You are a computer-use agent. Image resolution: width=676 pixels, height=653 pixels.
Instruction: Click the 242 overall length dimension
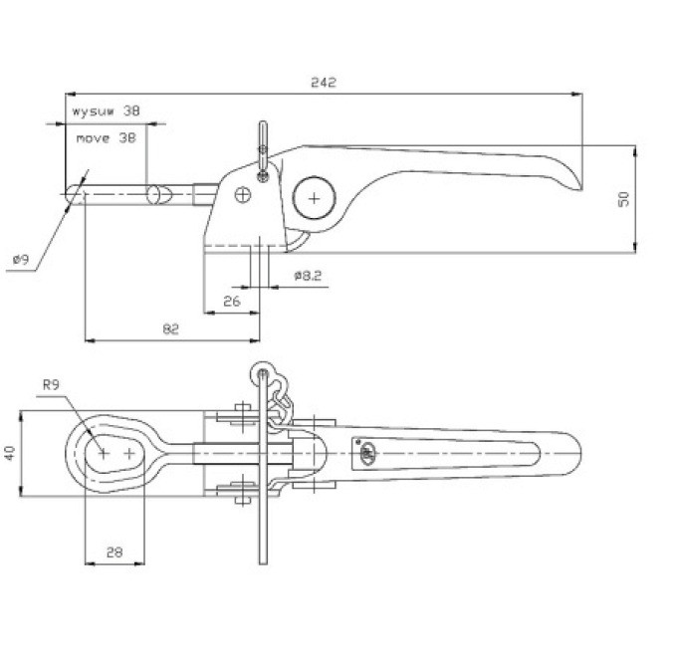pyautogui.click(x=323, y=83)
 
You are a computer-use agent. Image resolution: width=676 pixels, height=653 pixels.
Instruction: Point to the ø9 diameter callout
pyautogui.click(x=22, y=259)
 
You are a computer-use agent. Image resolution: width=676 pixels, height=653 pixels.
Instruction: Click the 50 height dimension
pyautogui.click(x=624, y=198)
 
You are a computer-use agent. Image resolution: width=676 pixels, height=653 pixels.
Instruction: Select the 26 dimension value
pyautogui.click(x=232, y=300)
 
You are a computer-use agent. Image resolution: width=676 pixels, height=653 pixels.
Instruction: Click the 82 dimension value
pyautogui.click(x=170, y=329)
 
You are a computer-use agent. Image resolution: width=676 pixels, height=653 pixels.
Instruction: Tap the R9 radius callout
pyautogui.click(x=53, y=383)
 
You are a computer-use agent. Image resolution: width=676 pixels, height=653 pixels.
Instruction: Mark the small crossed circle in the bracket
pyautogui.click(x=243, y=195)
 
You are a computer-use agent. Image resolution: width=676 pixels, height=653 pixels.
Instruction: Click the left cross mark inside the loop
pyautogui.click(x=104, y=453)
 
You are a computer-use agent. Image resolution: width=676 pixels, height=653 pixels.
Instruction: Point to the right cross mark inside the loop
pyautogui.click(x=130, y=453)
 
